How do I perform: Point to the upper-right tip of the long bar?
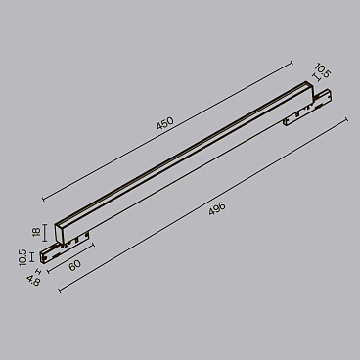click(x=306, y=89)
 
